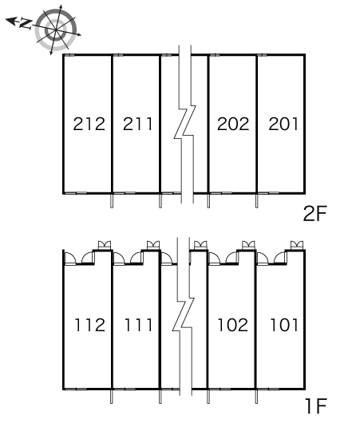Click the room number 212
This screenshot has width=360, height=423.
tap(89, 124)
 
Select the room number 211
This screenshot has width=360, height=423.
tap(137, 124)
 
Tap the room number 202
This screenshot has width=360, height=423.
tap(233, 124)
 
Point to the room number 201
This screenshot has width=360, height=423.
tap(283, 124)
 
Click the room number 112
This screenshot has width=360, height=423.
tap(89, 325)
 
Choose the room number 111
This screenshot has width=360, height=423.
tap(138, 325)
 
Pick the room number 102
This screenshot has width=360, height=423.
tap(232, 325)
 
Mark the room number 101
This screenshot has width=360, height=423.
tap(284, 325)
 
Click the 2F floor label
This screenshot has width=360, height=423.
tap(315, 214)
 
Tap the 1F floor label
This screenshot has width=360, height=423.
tap(316, 406)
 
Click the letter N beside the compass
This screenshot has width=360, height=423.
tap(26, 24)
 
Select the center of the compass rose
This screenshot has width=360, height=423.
tap(56, 30)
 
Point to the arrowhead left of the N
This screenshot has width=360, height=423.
tap(10, 21)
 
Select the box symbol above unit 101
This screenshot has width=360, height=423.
tap(297, 246)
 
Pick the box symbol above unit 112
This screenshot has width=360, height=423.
tap(104, 246)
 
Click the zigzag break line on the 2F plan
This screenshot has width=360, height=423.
tap(185, 124)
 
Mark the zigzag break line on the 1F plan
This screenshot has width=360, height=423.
tap(184, 314)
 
